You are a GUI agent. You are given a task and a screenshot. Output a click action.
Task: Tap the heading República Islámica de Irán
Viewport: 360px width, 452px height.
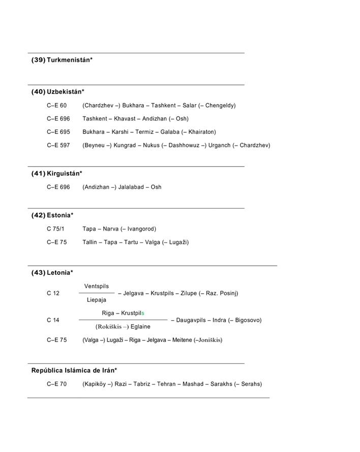[74, 371]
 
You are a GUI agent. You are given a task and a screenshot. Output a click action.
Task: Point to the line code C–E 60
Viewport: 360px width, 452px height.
[56, 106]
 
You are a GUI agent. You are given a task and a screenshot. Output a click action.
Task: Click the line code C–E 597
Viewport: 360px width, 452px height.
[58, 146]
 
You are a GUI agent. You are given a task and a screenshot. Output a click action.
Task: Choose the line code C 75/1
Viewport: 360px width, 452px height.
[55, 229]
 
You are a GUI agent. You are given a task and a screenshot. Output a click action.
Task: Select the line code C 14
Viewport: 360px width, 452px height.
[53, 320]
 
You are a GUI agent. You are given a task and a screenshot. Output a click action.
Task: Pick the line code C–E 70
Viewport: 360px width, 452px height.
[56, 384]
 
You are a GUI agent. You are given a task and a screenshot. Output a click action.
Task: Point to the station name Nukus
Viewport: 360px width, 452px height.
[151, 146]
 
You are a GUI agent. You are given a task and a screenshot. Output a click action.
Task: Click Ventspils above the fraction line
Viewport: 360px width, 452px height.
[96, 287]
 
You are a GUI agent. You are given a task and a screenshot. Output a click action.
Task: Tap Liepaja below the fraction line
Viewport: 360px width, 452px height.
[96, 300]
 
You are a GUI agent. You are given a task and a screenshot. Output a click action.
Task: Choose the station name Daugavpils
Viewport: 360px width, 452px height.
[191, 320]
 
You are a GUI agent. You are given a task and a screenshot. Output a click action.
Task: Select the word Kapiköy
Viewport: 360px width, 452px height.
[96, 384]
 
